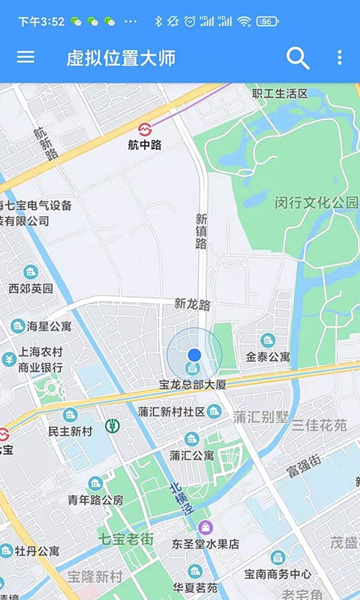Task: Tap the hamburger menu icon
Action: click(25, 57)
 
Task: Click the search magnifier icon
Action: click(298, 58)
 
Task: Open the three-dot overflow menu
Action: click(339, 58)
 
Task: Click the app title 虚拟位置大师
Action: click(121, 58)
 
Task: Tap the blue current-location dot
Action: click(194, 354)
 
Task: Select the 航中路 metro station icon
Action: click(145, 128)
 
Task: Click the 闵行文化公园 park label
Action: click(316, 202)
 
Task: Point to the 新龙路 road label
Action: click(193, 304)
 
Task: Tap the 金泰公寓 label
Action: click(268, 357)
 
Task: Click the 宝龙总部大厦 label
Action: click(192, 385)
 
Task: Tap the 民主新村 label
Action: click(70, 431)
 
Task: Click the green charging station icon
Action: click(113, 426)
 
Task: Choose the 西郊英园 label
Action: click(31, 288)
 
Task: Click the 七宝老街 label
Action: click(126, 538)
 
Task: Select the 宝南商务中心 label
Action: click(277, 574)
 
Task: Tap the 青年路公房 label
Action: click(95, 500)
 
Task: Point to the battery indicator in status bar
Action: click(268, 22)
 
